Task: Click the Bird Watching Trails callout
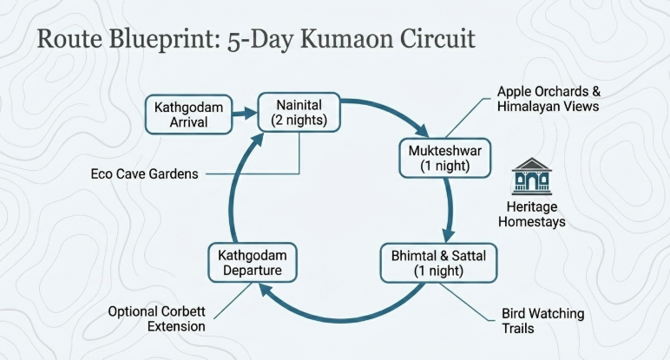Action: pos(543,321)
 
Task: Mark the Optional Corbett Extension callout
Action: pos(157,318)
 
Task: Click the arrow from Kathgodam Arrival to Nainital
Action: pos(246,112)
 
